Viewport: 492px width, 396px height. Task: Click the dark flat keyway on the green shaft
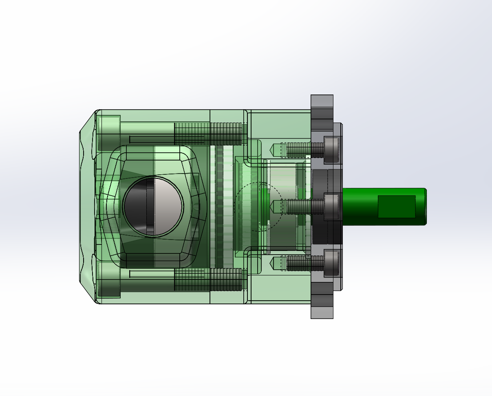[x=396, y=207]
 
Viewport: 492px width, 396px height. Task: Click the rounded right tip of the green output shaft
[x=424, y=207]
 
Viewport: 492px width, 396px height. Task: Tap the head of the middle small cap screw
[x=332, y=207]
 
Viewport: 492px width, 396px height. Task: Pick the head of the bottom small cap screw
[x=332, y=263]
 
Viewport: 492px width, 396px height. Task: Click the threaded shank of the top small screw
[x=300, y=150]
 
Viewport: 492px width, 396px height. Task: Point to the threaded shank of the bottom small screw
[x=300, y=263]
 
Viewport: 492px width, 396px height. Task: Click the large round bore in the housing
[x=153, y=207]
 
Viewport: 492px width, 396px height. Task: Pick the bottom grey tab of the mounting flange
[x=322, y=312]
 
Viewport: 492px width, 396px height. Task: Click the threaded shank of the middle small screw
[x=300, y=207]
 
